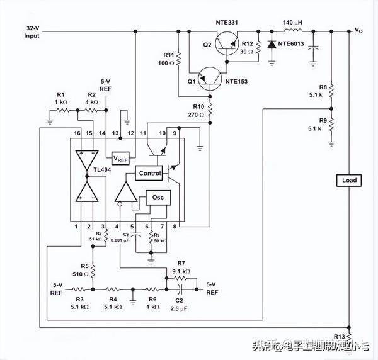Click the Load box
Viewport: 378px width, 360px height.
click(349, 180)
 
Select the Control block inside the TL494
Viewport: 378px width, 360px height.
click(150, 173)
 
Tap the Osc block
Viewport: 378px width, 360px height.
click(158, 197)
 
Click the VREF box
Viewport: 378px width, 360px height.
click(120, 158)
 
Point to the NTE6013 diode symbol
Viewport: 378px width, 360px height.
click(272, 45)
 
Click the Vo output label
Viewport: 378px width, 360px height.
click(358, 30)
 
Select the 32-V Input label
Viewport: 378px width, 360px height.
click(32, 32)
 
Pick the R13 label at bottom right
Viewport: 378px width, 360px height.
click(340, 337)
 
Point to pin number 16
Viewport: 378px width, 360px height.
click(77, 133)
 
